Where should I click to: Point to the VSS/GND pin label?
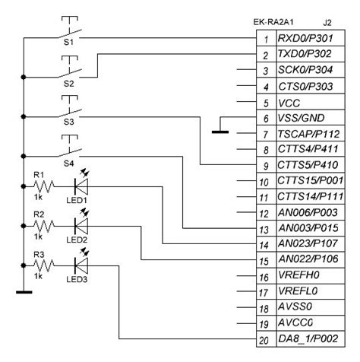pos(302,118)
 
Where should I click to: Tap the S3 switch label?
pos(68,122)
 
